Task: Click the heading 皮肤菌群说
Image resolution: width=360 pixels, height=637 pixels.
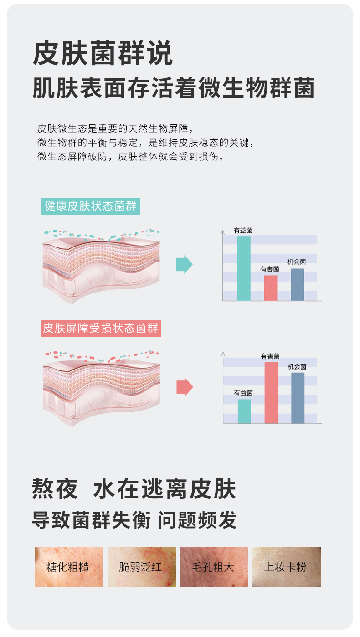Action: coord(103,54)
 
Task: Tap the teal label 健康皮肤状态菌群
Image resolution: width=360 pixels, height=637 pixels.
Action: coord(90,206)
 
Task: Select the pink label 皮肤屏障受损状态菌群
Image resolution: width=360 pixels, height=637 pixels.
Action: coord(101,328)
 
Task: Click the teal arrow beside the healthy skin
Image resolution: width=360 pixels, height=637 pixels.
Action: coord(184,265)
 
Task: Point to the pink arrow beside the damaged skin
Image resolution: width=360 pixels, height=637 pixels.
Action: coord(185,387)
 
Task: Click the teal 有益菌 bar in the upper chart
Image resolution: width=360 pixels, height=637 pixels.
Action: coord(244,268)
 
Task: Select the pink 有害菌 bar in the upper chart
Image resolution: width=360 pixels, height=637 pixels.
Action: coord(271,288)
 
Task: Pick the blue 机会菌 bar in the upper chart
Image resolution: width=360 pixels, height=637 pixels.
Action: coord(297,284)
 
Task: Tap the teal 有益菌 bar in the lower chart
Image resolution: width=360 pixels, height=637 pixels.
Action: coord(244,411)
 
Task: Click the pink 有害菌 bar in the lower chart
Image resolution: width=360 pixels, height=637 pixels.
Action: coord(271,393)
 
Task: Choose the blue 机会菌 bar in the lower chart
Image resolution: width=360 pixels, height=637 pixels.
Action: coord(298,398)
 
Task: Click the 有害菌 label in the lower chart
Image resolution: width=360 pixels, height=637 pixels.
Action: coord(270,356)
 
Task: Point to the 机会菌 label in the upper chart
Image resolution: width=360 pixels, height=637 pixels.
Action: coord(296,262)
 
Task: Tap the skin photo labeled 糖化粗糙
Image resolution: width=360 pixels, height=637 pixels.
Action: coord(68,567)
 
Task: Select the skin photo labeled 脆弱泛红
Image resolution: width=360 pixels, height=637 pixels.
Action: coord(141,567)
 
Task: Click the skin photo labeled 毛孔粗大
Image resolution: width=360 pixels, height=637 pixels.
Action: coord(214,567)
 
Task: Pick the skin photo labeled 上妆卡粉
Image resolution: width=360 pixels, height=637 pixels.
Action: coord(286,567)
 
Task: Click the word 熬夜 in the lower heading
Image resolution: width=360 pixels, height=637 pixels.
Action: coord(55,489)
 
